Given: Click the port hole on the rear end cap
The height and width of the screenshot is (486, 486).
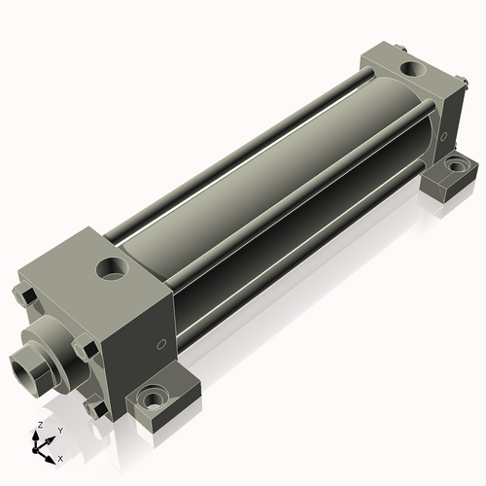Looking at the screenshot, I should click(x=414, y=69).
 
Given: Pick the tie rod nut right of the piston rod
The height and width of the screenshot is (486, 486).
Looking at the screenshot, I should click(x=86, y=346).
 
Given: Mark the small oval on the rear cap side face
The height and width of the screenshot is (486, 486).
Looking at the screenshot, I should click(x=443, y=136).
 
